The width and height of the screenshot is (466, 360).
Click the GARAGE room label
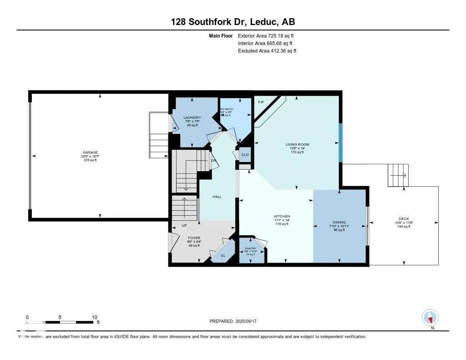(x=90, y=152)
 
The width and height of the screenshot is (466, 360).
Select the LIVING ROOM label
(x=297, y=144)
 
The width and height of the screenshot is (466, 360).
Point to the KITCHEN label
(x=282, y=216)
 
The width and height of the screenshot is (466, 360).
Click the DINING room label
(x=339, y=223)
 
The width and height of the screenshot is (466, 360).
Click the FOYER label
(x=194, y=238)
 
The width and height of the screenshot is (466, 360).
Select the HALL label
(x=217, y=197)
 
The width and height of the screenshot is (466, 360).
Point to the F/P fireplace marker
(x=261, y=102)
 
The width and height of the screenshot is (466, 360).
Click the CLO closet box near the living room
(x=245, y=155)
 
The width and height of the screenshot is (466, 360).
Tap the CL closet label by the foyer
(x=223, y=255)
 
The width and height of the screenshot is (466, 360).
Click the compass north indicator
(x=430, y=317)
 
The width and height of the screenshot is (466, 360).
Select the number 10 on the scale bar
(x=94, y=317)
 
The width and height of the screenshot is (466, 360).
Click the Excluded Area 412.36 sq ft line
(x=267, y=51)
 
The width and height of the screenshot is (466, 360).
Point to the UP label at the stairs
(x=184, y=225)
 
